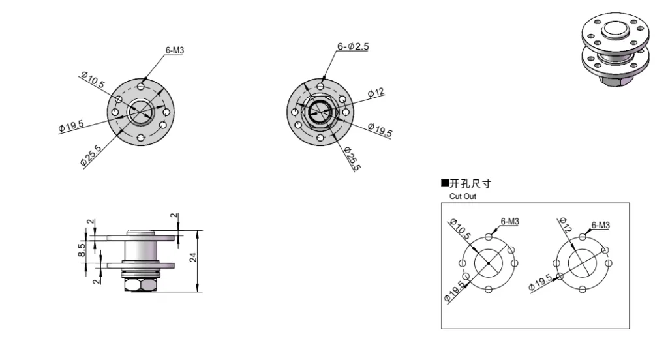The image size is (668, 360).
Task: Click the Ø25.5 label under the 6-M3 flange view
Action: [91, 156]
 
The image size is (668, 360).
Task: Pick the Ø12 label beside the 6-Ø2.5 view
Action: [376, 93]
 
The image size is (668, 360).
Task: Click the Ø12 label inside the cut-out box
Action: [564, 226]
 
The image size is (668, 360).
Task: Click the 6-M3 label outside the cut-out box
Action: [174, 50]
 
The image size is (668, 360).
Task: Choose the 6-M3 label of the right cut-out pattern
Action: [600, 225]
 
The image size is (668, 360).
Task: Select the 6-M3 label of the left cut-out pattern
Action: [509, 222]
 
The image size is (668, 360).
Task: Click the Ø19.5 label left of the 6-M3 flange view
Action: [70, 125]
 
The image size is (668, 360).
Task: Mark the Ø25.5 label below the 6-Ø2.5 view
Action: [352, 158]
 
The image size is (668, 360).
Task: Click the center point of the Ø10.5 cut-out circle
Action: [488, 262]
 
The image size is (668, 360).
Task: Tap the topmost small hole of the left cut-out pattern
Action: [488, 236]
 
